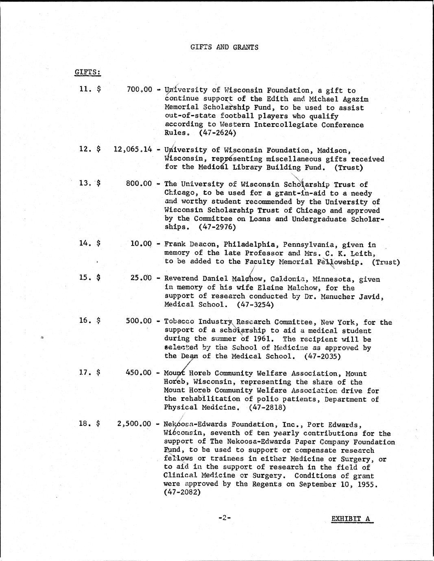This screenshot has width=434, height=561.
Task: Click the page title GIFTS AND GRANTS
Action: [224, 47]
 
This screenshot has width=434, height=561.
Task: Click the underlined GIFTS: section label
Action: [87, 72]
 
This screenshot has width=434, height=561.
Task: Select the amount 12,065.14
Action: [133, 149]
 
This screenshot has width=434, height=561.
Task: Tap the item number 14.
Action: [84, 243]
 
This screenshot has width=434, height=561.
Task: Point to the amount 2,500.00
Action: [134, 424]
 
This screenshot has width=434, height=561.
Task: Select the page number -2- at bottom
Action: [224, 518]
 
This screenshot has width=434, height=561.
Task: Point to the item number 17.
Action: [84, 372]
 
